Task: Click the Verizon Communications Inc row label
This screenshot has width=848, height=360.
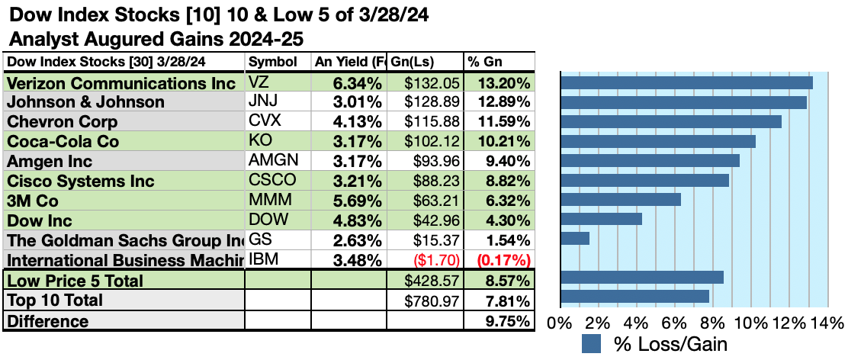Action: click(120, 83)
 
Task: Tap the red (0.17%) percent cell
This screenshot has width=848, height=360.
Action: click(504, 260)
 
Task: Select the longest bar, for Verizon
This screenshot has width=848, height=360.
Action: click(686, 82)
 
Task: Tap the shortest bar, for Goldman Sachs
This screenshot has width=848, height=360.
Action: click(575, 238)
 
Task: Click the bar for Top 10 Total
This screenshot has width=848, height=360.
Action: click(634, 296)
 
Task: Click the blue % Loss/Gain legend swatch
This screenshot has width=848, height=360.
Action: click(593, 343)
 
